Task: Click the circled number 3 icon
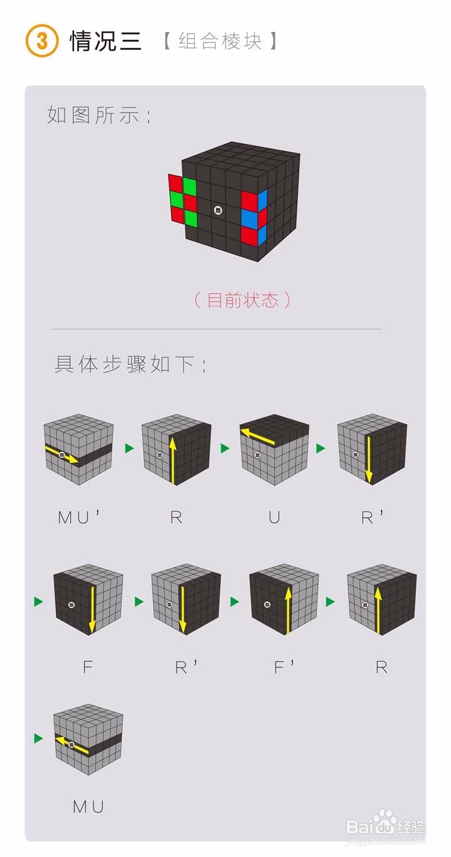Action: click(42, 41)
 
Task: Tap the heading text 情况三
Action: click(105, 41)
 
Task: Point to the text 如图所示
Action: click(98, 115)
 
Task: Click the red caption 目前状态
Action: click(242, 300)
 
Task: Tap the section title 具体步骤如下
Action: click(130, 364)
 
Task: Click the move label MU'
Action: click(79, 518)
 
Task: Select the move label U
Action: click(274, 518)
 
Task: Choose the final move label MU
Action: click(88, 807)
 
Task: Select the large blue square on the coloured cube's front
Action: click(249, 219)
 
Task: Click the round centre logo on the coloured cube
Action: click(218, 211)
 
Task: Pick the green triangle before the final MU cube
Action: click(39, 739)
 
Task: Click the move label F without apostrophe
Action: click(87, 667)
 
